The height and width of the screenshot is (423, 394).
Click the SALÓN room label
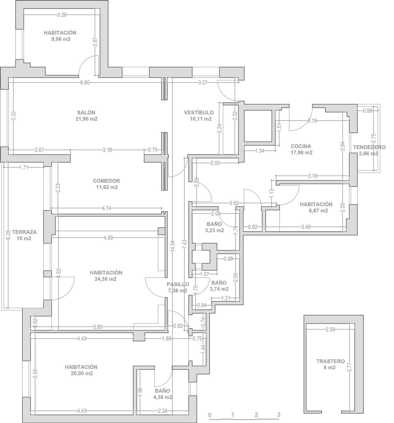tap(86, 113)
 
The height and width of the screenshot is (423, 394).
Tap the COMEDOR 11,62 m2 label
tap(106, 184)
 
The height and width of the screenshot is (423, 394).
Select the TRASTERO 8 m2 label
tap(330, 364)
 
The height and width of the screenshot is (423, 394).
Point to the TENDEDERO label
tap(369, 147)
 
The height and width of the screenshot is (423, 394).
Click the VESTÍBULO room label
tap(199, 113)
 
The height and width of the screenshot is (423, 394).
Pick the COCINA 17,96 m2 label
tap(301, 149)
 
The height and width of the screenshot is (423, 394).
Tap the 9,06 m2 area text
tap(61, 39)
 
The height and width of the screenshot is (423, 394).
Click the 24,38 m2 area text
tap(106, 279)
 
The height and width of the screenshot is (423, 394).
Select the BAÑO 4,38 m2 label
tap(163, 394)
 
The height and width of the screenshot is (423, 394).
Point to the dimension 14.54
tap(172, 247)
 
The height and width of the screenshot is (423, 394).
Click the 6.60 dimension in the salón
tap(85, 83)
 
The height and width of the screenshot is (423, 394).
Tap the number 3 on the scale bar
tap(279, 415)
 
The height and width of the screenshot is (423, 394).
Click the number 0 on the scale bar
tap(210, 415)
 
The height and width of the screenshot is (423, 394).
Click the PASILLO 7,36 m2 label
tap(178, 287)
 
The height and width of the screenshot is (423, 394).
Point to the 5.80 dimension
tap(98, 327)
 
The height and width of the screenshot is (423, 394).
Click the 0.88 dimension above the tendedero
tap(367, 111)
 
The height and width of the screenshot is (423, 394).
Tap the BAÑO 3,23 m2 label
tap(214, 227)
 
